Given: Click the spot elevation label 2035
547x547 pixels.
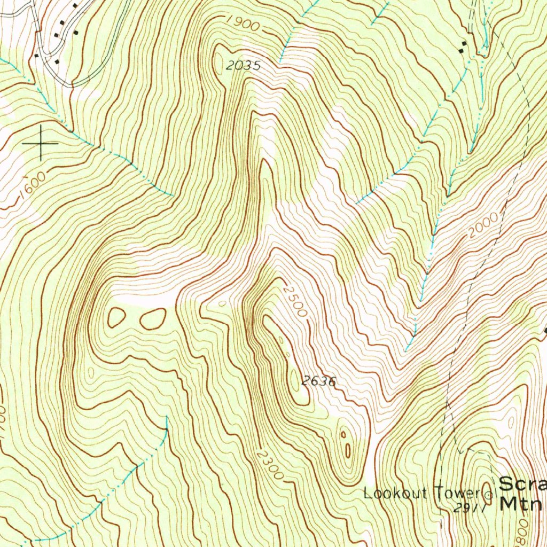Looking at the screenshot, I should click(x=243, y=66).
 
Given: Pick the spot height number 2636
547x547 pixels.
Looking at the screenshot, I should click(x=318, y=381).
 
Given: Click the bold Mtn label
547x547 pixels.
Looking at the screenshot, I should click(x=521, y=503).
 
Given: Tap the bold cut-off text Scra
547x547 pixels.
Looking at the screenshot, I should click(x=522, y=484).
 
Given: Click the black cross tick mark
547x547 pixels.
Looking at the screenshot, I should click(x=40, y=143).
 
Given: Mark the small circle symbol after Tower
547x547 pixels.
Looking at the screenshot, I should click(x=487, y=494).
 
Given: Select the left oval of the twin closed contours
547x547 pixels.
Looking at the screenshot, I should click(x=116, y=317).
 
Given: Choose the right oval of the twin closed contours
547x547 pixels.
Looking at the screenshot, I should click(x=153, y=318).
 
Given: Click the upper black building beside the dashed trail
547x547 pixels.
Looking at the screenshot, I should click(x=463, y=43).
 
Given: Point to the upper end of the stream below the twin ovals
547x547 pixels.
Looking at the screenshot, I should click(x=166, y=419).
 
